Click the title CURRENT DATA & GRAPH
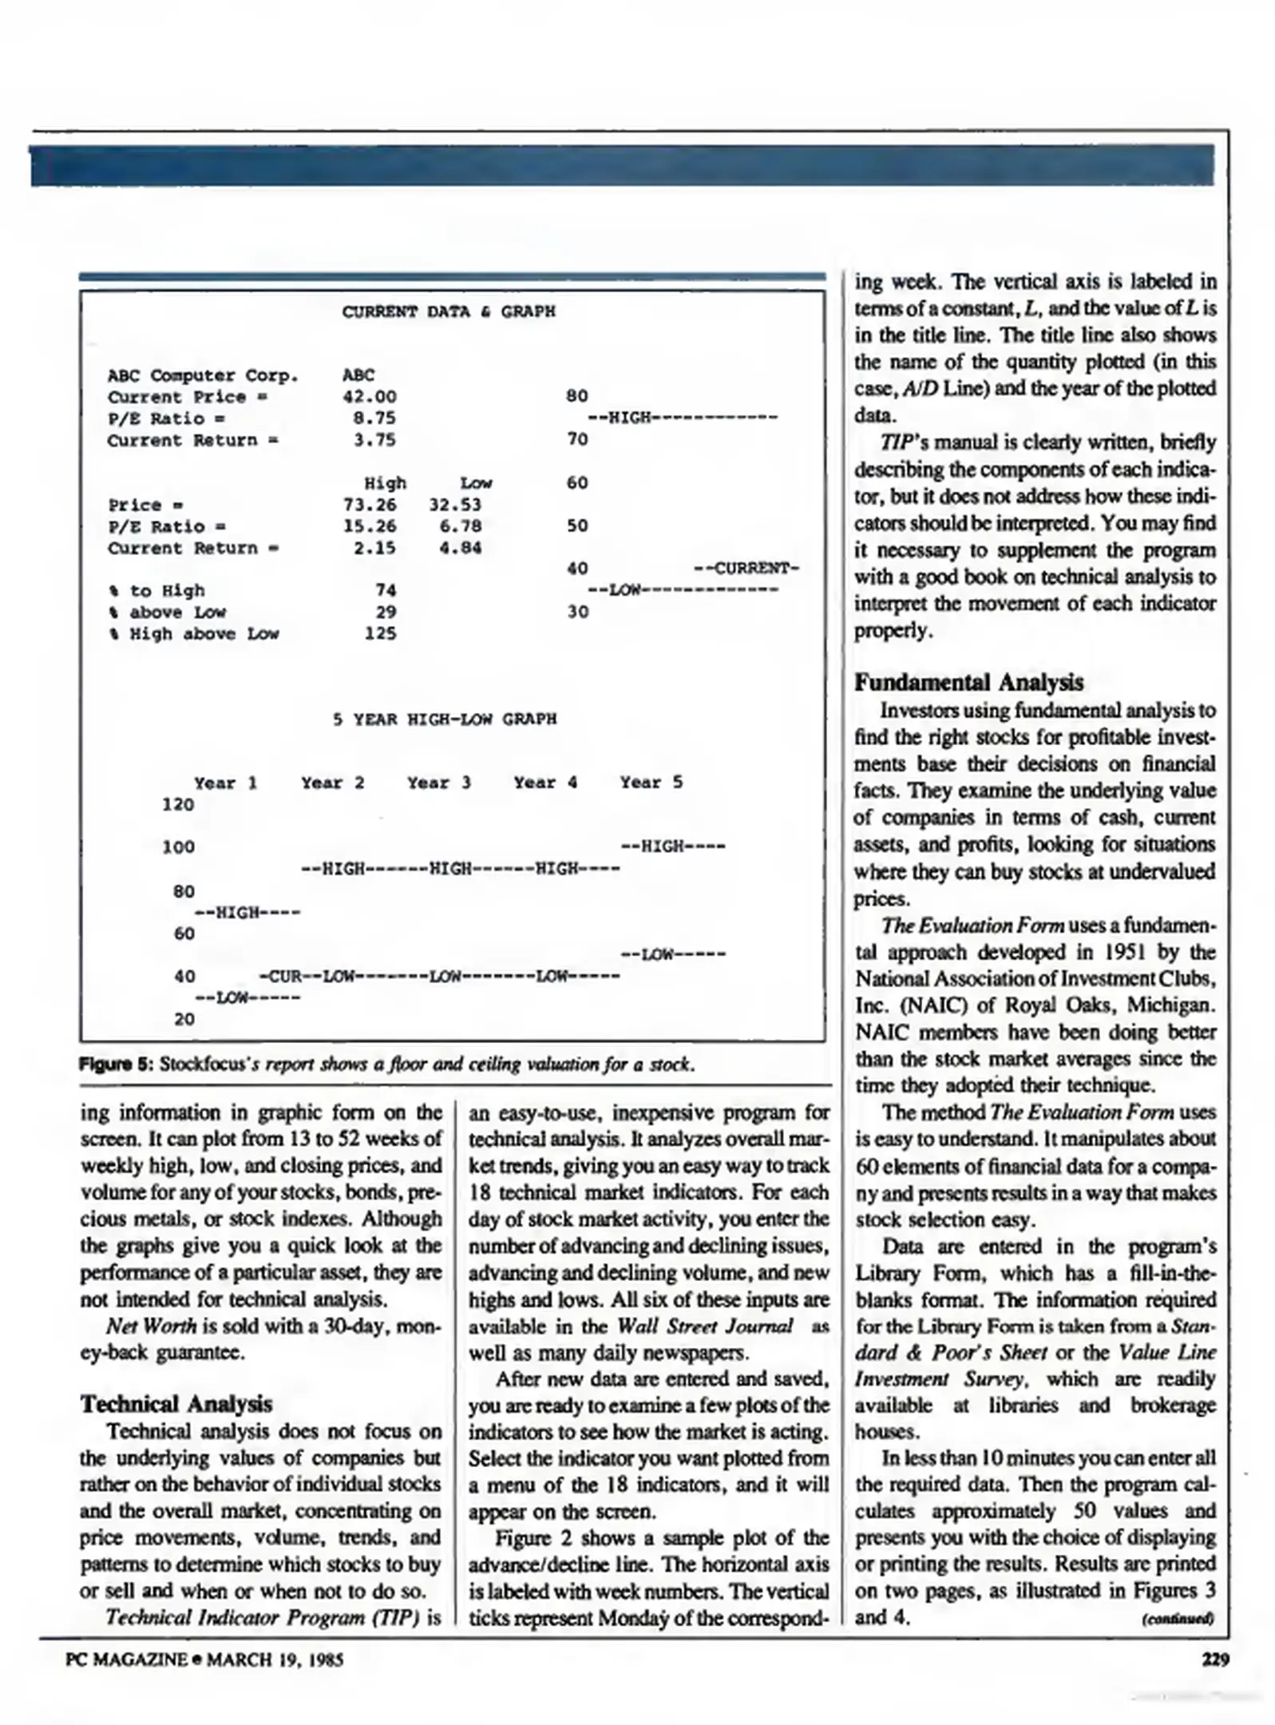click(448, 311)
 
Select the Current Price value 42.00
click(369, 397)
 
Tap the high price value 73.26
click(369, 505)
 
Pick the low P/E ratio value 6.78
click(460, 526)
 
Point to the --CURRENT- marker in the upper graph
click(746, 569)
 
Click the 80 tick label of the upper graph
click(576, 396)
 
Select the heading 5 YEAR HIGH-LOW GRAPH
click(445, 719)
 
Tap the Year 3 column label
click(439, 783)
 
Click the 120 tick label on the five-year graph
click(178, 804)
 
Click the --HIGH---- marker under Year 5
click(672, 847)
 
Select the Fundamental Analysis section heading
click(968, 683)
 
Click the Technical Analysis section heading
click(176, 1404)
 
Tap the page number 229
click(1215, 1660)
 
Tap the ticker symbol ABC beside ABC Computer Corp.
click(358, 375)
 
